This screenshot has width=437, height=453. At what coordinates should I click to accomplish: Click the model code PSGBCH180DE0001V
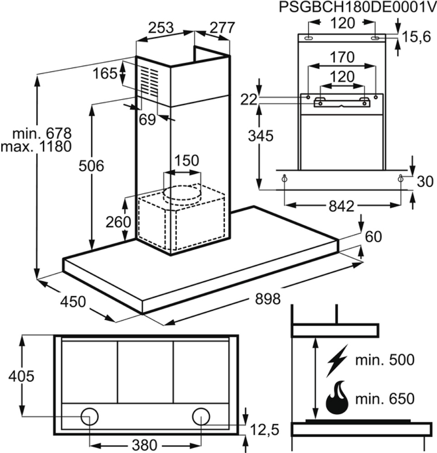point(358,8)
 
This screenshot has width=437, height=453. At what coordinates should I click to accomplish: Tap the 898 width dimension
point(267,299)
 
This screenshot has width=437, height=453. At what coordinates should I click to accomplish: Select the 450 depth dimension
point(73,302)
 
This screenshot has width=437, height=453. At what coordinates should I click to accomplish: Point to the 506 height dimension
point(91,166)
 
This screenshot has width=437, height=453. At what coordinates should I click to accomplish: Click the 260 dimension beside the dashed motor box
point(118,222)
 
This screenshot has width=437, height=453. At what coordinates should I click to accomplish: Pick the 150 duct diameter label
point(187,160)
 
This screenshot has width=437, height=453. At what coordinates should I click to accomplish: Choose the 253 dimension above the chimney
point(161,28)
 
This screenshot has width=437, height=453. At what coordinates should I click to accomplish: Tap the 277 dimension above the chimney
point(222,28)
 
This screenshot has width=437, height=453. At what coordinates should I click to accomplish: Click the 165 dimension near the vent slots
point(105,73)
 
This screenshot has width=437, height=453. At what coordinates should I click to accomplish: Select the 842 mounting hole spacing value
point(342,206)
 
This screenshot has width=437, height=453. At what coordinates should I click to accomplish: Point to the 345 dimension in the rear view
point(260,136)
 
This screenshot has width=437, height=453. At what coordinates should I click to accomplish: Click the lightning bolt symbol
point(337,361)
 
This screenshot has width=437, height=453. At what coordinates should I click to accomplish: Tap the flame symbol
point(337,398)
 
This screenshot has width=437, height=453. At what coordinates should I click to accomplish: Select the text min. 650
point(385,399)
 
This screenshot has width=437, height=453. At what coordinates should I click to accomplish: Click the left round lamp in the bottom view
point(89,417)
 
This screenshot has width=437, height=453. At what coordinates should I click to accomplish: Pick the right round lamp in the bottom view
point(201,417)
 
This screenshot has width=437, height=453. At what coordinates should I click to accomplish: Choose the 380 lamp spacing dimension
point(144,445)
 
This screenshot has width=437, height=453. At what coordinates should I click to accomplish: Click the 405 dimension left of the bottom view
point(21,376)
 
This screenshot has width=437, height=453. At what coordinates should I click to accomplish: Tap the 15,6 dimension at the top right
point(416,37)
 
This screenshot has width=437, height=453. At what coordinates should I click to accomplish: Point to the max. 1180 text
point(36,146)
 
